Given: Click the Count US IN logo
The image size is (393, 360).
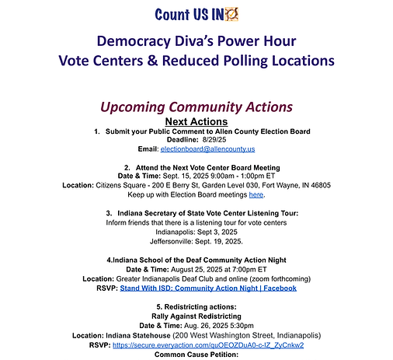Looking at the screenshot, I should (x=196, y=14).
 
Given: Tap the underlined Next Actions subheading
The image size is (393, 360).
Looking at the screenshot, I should (x=196, y=121).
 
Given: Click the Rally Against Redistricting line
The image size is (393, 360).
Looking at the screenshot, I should (x=196, y=315).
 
